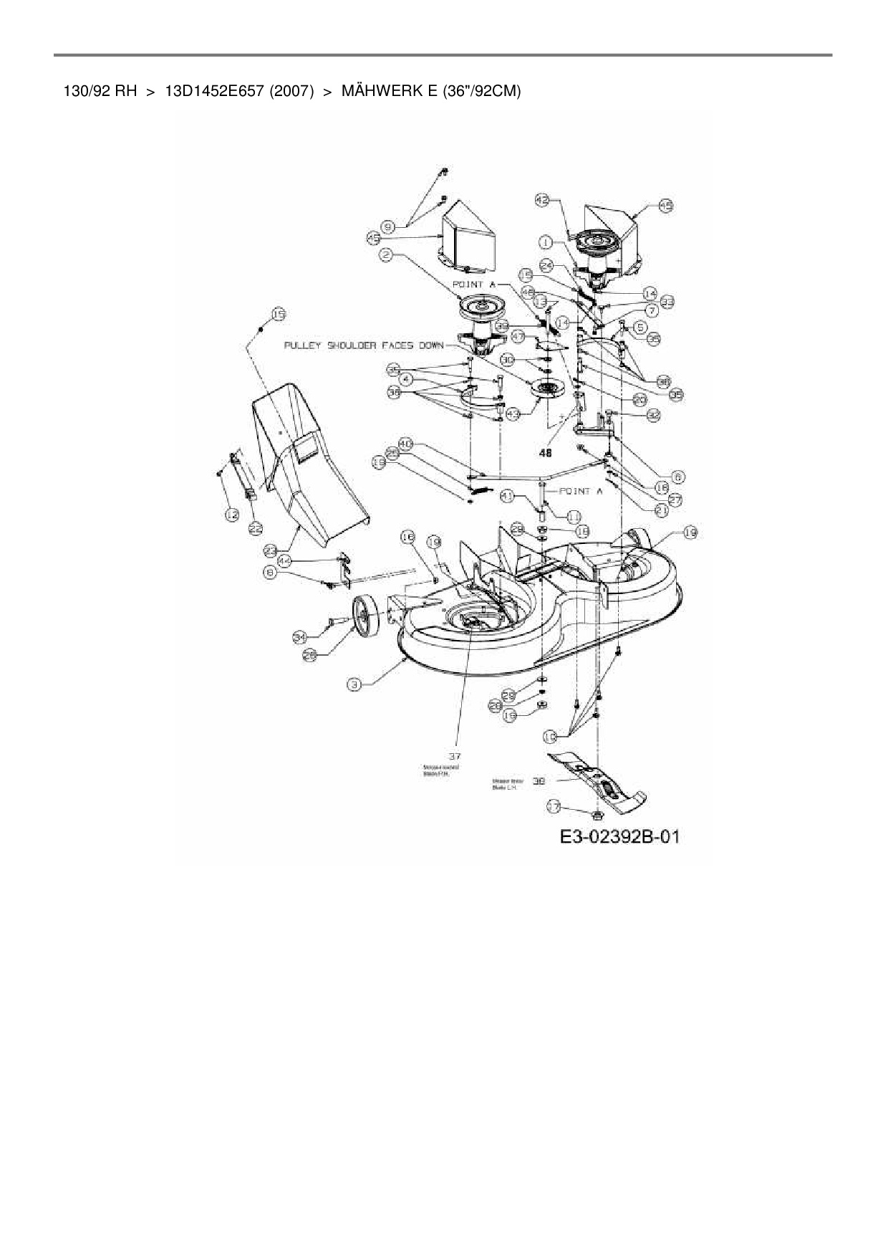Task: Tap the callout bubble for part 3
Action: point(354,684)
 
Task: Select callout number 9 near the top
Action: point(388,226)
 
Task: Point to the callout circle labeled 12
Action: point(230,514)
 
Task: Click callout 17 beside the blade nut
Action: point(553,806)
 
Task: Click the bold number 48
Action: point(546,453)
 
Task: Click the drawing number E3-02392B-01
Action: point(619,836)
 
